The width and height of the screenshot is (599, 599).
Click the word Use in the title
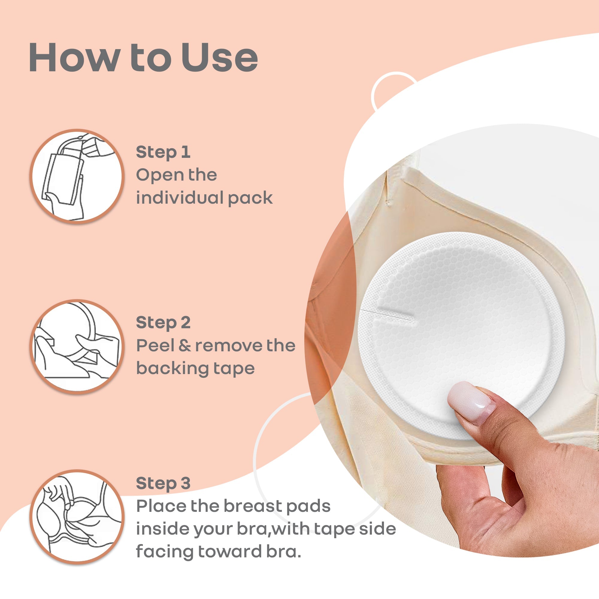219,58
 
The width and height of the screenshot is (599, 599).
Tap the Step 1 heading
163,152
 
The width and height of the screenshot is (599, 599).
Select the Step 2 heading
163,323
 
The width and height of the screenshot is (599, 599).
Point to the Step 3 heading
163,483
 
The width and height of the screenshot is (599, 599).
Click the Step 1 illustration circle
77,176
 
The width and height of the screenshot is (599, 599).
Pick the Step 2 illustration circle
77,346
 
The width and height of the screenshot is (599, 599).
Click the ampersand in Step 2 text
185,346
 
